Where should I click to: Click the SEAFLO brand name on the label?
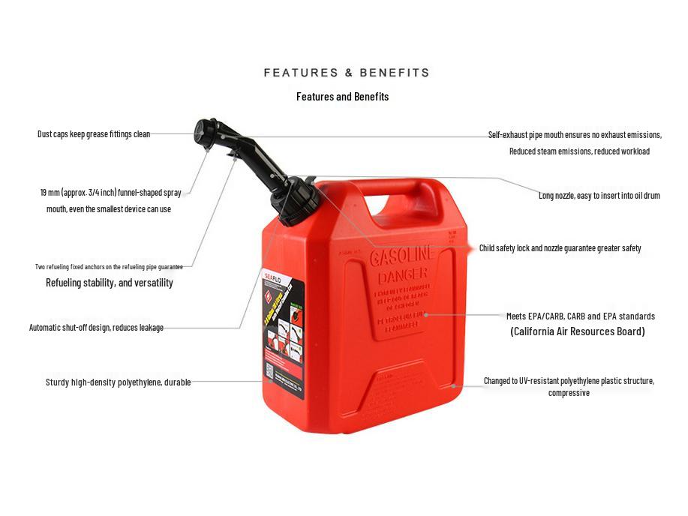pos(272,277)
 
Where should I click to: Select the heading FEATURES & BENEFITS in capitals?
pos(347,73)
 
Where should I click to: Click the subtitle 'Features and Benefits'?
pos(342,97)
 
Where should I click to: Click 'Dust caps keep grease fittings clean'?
pos(94,134)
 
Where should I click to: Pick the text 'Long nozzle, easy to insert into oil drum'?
pos(599,196)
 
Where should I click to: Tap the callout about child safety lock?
pos(560,248)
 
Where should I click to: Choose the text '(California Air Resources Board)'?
pos(577,331)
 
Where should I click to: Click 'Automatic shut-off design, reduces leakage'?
pos(96,328)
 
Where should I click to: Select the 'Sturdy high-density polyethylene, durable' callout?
pos(118,382)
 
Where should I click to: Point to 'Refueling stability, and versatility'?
pos(110,283)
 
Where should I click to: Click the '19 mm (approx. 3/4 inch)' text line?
pos(110,193)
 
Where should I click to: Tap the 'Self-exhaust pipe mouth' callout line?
pos(575,135)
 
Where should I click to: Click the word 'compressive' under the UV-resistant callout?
pos(569,393)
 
